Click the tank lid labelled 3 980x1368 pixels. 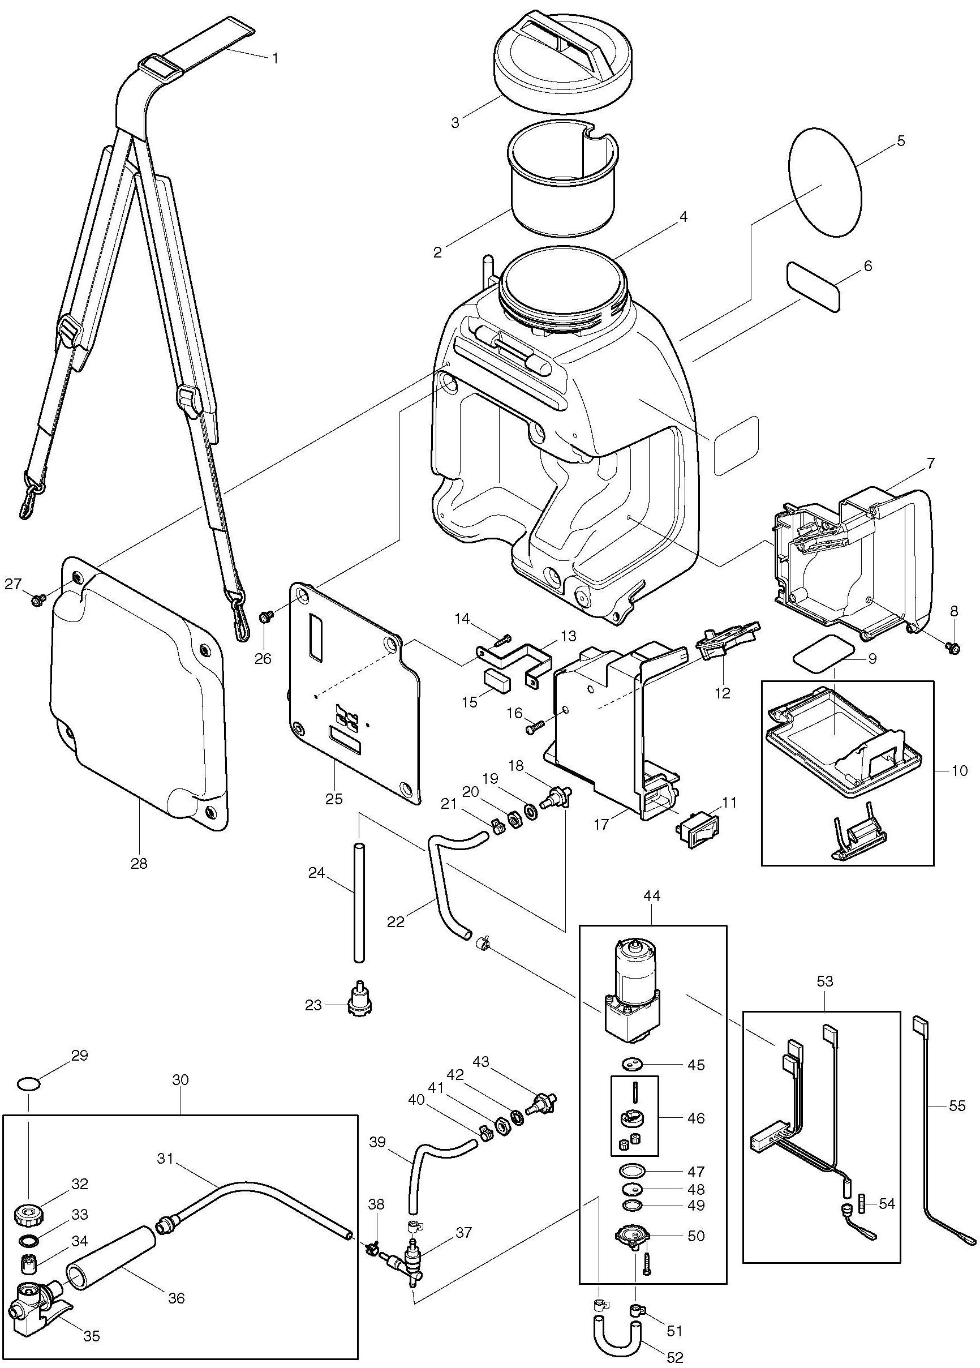click(562, 59)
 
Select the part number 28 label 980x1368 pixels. click(139, 863)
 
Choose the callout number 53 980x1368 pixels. click(824, 981)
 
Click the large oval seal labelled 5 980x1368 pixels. click(825, 182)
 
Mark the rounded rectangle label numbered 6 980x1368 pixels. click(813, 286)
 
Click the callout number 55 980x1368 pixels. click(956, 1105)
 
